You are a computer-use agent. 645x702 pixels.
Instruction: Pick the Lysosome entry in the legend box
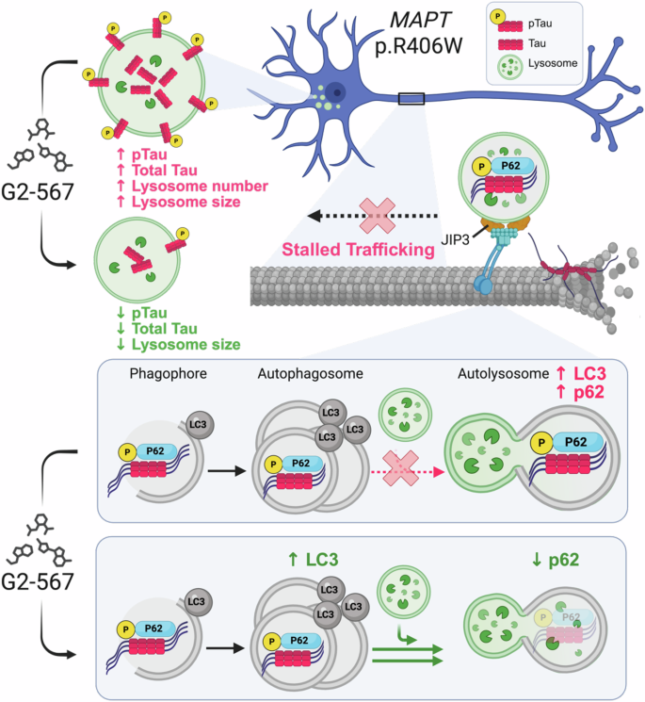pyautogui.click(x=556, y=66)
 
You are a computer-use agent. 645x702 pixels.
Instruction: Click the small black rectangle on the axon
pyautogui.click(x=411, y=99)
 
